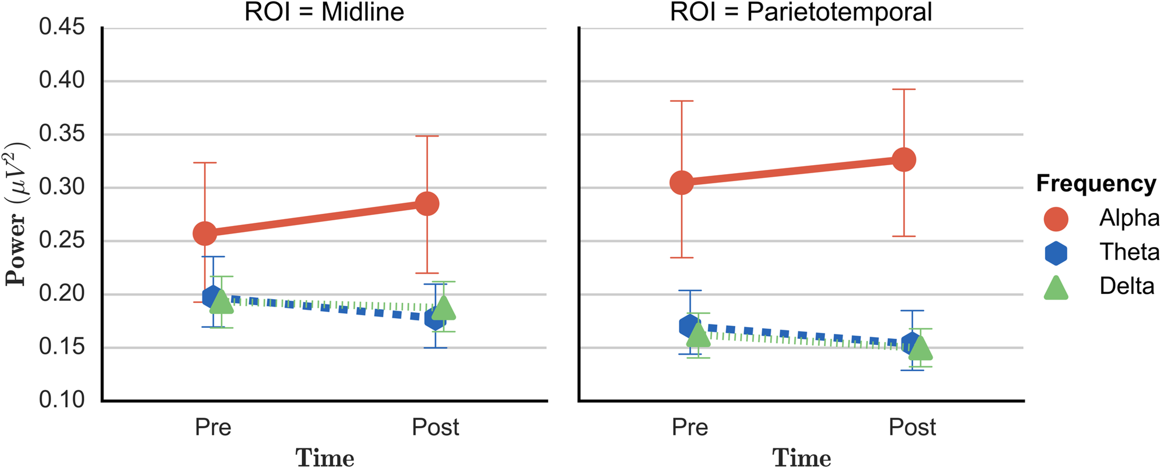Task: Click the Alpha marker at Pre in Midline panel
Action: click(x=205, y=233)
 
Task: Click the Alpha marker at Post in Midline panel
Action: click(x=427, y=203)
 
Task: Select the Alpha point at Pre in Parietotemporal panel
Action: click(x=682, y=182)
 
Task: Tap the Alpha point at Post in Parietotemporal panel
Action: click(x=904, y=159)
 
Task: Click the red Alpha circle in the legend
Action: click(x=1055, y=219)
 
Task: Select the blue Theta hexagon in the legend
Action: click(x=1055, y=253)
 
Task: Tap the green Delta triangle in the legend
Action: click(x=1055, y=288)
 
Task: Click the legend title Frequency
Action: click(x=1096, y=184)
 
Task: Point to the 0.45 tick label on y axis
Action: click(x=62, y=27)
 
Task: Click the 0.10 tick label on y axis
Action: click(x=62, y=400)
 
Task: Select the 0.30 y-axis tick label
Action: click(x=62, y=187)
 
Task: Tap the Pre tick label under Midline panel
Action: click(x=213, y=427)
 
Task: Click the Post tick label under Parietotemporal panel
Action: click(x=912, y=427)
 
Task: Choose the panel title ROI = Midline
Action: click(x=324, y=12)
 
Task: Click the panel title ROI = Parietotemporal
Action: click(x=801, y=12)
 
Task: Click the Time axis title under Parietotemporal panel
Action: click(x=801, y=457)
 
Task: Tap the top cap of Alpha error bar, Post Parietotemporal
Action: click(x=904, y=89)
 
